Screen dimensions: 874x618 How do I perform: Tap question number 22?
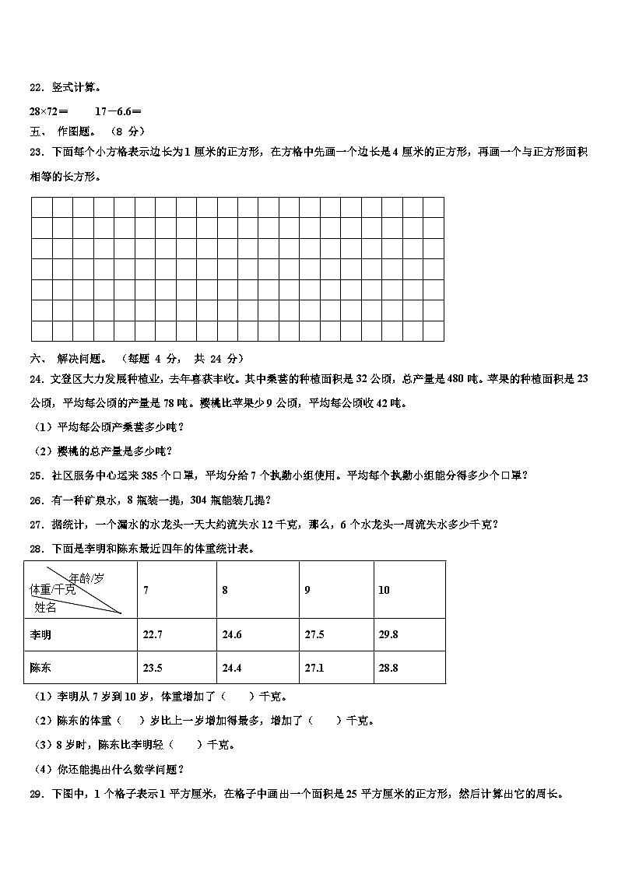(37, 87)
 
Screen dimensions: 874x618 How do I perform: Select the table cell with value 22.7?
(153, 634)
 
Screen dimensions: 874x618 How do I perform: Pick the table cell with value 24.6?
(231, 634)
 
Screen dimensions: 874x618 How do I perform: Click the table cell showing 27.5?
(314, 634)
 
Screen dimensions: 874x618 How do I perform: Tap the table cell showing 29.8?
(388, 634)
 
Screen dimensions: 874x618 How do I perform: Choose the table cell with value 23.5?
(153, 667)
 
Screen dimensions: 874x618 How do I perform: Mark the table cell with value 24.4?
(231, 667)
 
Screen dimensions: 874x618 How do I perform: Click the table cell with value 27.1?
(314, 667)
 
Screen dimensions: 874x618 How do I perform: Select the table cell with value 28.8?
(388, 667)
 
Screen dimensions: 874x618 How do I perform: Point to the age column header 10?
(384, 590)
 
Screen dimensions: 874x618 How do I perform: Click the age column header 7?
(146, 590)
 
